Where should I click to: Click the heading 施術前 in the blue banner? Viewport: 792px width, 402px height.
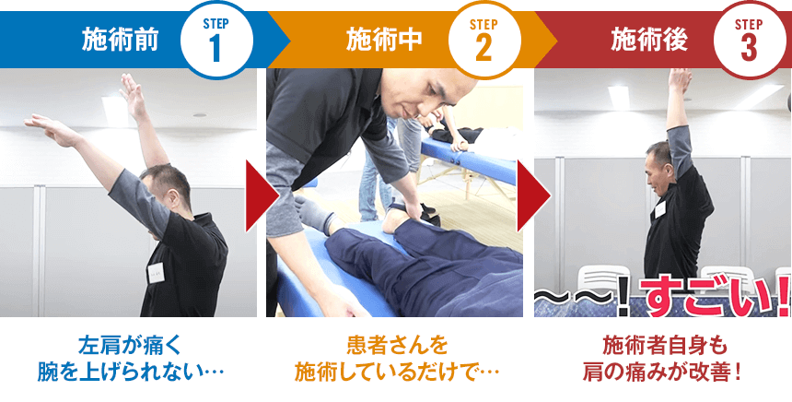tap(121, 40)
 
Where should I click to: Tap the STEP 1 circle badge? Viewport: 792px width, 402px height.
tap(216, 40)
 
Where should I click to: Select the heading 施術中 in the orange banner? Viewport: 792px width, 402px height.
tap(384, 40)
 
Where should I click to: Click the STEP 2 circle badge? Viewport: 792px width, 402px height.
tap(483, 40)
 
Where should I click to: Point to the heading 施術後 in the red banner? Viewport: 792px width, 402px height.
tap(649, 40)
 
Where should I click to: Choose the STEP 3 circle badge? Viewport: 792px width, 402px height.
tap(749, 40)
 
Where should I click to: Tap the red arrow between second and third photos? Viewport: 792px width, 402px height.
tap(533, 195)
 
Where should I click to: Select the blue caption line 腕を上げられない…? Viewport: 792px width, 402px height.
tap(130, 372)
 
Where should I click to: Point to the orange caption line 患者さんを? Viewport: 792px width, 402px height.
tap(398, 346)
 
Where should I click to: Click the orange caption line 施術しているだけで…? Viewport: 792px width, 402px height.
tap(397, 372)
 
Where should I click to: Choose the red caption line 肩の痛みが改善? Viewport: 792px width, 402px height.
tap(661, 372)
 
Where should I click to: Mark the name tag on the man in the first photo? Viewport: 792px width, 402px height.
tap(156, 273)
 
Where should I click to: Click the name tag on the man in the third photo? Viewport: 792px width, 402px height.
tap(659, 209)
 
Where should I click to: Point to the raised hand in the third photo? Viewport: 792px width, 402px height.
tap(680, 81)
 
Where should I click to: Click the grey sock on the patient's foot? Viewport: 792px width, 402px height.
tap(314, 215)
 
